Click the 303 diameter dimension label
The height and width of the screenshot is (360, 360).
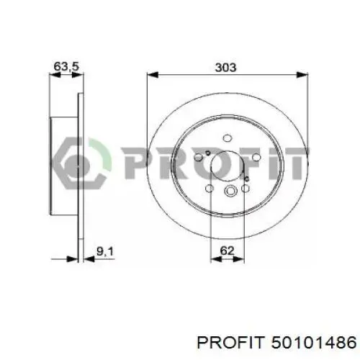point(225,68)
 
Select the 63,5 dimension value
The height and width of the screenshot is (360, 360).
point(66,66)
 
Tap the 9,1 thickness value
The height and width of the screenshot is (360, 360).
point(104,252)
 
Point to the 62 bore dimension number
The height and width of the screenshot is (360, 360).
point(227,251)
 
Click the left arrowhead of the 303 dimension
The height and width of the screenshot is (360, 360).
point(153,75)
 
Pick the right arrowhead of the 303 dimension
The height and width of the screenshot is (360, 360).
point(302,75)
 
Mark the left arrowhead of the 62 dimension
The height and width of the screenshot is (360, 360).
point(216,259)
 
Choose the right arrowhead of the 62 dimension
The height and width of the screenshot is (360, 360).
point(239,259)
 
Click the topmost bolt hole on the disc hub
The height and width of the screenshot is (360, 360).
point(227,138)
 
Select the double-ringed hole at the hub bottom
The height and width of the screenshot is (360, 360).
point(230,191)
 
